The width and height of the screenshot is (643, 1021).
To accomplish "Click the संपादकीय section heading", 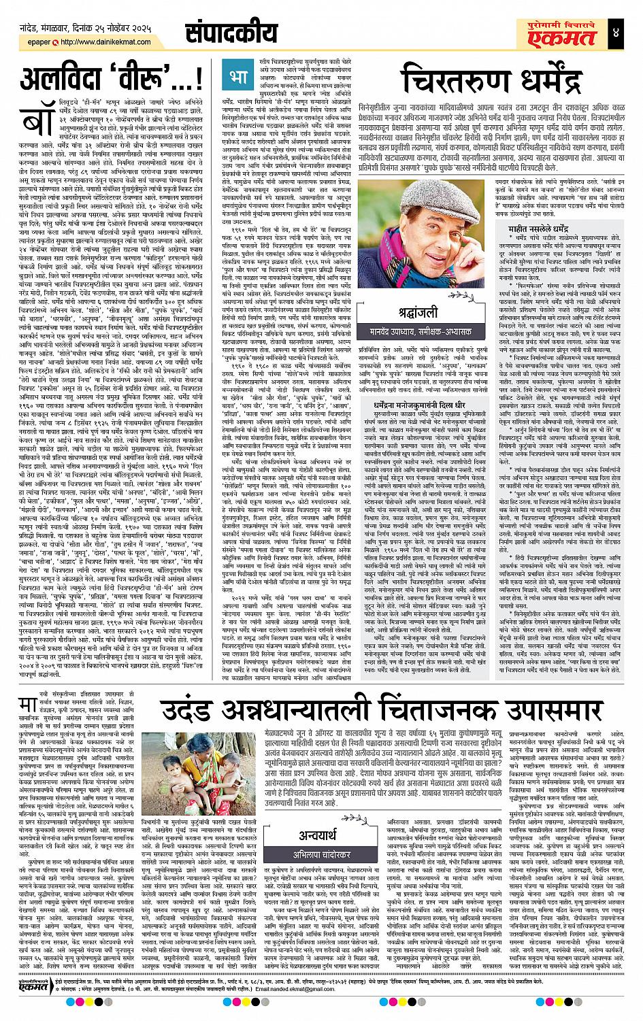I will point(220,33).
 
